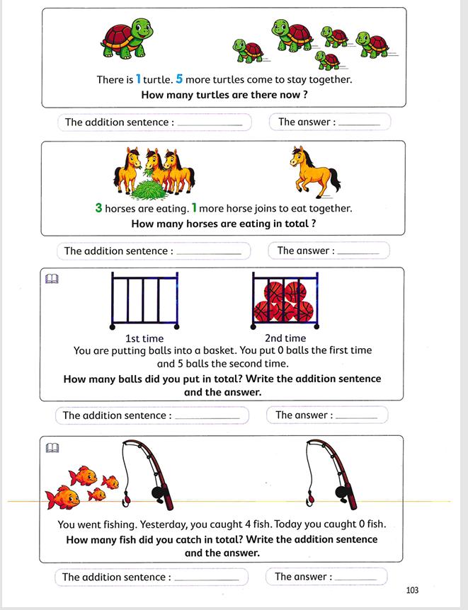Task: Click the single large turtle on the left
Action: click(127, 40)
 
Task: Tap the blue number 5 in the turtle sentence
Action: click(179, 79)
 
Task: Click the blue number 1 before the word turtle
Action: click(139, 79)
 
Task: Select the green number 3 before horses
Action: click(98, 208)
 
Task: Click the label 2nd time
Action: click(285, 338)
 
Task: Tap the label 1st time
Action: click(144, 338)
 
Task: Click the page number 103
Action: click(413, 590)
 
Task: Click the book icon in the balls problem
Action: click(52, 280)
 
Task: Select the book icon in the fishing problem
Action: click(52, 448)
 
